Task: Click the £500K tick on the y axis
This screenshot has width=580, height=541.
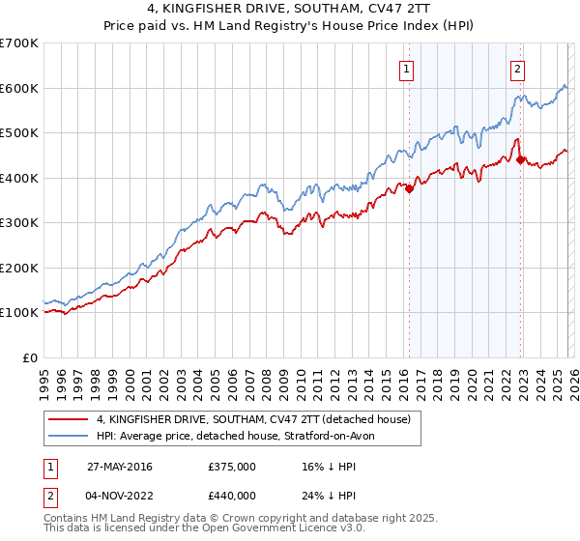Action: (19, 133)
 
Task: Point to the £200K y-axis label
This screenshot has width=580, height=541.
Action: (19, 268)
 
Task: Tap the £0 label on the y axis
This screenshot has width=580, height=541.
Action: (29, 357)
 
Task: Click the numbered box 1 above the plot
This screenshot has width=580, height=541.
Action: (407, 69)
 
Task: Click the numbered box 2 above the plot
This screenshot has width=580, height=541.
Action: (518, 69)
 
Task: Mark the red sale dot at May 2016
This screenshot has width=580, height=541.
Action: (409, 189)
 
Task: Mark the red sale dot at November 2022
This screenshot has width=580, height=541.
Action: (521, 160)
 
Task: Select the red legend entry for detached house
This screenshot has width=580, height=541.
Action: (253, 419)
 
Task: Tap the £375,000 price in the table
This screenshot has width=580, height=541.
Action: (231, 467)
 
